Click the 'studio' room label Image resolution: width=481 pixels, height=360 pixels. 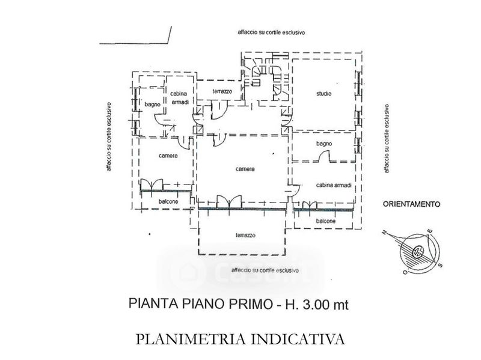(x=324, y=94)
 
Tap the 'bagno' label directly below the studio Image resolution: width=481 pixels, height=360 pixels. (x=324, y=145)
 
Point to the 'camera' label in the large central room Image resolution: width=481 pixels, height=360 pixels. (x=245, y=169)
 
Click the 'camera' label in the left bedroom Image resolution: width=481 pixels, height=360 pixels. (x=167, y=156)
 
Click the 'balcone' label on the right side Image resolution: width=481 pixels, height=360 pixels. (x=324, y=221)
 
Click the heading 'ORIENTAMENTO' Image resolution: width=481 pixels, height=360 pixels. (x=412, y=204)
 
